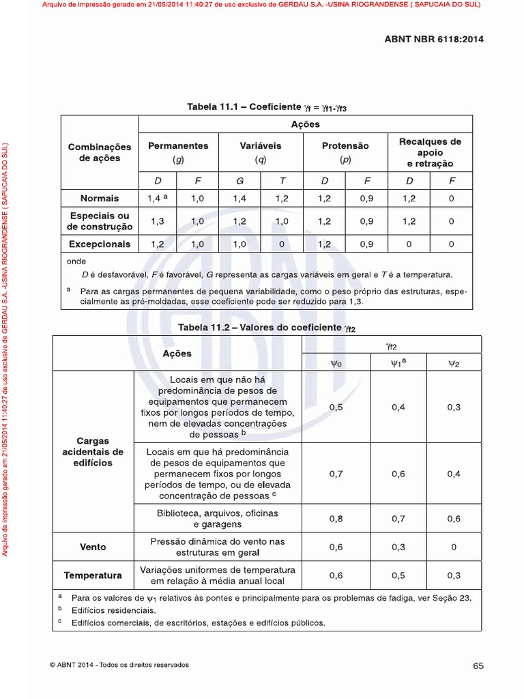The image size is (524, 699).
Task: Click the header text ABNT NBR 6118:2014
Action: coord(434,39)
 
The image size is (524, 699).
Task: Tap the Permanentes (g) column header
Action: coord(178,152)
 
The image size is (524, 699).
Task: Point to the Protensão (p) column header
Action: coord(345,152)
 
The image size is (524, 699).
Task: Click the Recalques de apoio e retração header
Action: coord(430,152)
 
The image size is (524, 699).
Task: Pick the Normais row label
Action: coord(100,198)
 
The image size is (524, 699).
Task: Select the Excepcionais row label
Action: coord(100,244)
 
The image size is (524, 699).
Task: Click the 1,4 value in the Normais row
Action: coord(156,198)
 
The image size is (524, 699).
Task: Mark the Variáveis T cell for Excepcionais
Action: coord(282,244)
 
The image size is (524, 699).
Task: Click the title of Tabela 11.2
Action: coord(267,328)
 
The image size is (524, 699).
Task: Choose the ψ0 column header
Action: coord(336,364)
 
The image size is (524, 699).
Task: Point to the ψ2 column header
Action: coord(454,364)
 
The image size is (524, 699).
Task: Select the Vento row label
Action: coord(93,547)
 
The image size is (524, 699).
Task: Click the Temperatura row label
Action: coord(93,575)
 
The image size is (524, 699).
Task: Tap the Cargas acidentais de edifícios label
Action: coord(93,452)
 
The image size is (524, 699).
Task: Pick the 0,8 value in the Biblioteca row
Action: coord(336,519)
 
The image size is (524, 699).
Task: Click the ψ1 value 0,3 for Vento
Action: coord(398,547)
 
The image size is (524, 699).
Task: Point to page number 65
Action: coord(478,666)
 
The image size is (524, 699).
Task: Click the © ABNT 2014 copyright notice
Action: coord(119,665)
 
